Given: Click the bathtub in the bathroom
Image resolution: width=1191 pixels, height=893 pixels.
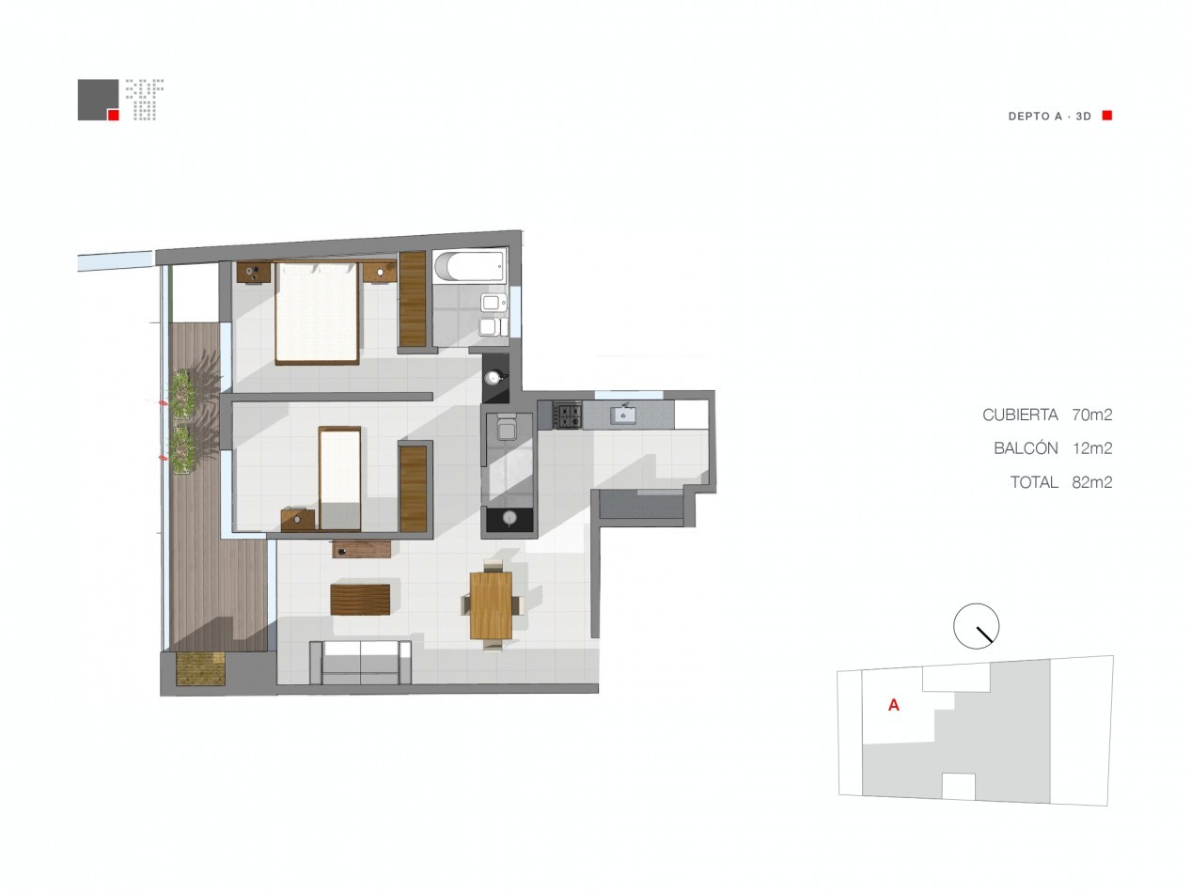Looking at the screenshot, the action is tap(470, 266).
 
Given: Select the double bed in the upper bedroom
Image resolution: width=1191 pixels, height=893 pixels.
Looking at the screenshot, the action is tap(317, 313).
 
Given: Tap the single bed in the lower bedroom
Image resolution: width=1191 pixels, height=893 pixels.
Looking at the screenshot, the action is tap(340, 478).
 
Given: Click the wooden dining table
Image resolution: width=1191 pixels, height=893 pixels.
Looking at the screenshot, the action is tap(491, 605).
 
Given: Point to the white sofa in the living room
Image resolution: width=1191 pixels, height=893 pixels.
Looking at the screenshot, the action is tap(360, 662).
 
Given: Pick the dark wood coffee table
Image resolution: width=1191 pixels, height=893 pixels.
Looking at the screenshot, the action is tap(360, 600).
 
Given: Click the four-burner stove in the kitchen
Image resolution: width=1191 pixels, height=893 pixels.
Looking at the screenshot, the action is tap(567, 415).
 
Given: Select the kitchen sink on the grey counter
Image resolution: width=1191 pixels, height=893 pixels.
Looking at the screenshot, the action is tap(624, 415).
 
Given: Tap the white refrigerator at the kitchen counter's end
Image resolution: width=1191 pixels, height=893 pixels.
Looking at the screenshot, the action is tap(692, 415).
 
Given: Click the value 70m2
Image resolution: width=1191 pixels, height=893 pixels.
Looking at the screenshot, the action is tap(1092, 415).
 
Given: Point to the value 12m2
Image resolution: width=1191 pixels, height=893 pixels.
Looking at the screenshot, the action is tap(1092, 448).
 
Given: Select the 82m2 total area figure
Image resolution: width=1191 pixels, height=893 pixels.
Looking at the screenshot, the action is tap(1092, 482).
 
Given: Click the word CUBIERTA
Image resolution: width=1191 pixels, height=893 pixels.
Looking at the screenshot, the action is tap(1021, 415).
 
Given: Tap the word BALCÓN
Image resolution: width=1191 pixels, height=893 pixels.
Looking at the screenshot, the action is tap(1026, 447).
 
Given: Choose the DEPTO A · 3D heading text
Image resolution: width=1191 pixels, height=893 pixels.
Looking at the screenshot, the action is tap(1049, 117).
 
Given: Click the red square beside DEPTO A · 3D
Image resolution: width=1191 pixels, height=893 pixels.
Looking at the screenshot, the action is tap(1107, 116).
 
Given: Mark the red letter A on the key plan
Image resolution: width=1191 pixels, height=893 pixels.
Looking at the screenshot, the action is tap(894, 705).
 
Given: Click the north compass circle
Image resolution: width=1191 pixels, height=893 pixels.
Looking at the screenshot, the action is tap(976, 626).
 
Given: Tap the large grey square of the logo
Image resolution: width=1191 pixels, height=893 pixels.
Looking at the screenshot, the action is tap(98, 100).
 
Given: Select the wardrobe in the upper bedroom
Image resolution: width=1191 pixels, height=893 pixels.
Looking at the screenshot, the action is tap(413, 299).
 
